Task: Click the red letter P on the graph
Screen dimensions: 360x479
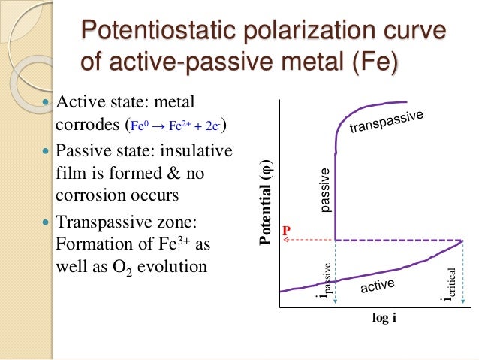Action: click(286, 230)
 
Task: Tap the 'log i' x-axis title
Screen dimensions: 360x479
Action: click(384, 318)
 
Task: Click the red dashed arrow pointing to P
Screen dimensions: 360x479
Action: click(308, 240)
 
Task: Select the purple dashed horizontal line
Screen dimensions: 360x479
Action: click(398, 240)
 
